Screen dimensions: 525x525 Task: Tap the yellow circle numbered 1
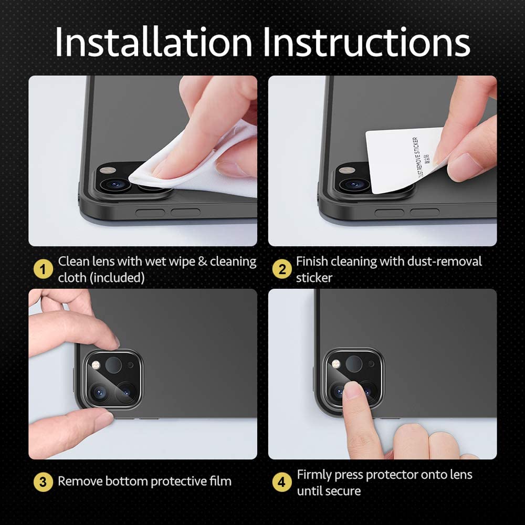coord(43,269)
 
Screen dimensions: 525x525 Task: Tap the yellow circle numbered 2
coord(282,269)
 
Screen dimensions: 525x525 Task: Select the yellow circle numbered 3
coord(43,481)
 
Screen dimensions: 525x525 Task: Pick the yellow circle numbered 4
coord(282,482)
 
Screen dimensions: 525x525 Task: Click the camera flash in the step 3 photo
coord(96,364)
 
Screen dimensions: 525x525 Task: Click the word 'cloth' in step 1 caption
coord(72,278)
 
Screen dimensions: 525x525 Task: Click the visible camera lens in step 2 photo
coord(355,184)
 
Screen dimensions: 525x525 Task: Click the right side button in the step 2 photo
coord(424,212)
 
